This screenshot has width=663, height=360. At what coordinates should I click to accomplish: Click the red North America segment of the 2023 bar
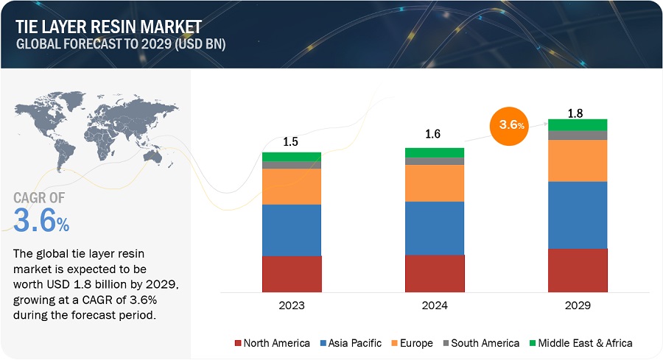tap(292, 273)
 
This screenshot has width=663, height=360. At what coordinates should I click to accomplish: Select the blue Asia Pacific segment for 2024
tap(435, 227)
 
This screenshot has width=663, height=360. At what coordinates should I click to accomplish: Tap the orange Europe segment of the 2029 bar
tap(578, 160)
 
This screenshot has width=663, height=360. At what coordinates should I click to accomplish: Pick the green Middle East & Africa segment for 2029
tap(578, 124)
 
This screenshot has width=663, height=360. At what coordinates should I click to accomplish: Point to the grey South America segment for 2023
tap(292, 165)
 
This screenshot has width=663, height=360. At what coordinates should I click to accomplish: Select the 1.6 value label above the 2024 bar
tap(435, 135)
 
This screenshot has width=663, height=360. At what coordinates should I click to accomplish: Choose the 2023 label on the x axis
tap(292, 304)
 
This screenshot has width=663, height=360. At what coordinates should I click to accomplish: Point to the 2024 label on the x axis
tap(435, 304)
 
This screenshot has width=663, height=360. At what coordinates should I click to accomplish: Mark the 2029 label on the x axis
tap(578, 304)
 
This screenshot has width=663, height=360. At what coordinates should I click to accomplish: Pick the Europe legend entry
tap(415, 342)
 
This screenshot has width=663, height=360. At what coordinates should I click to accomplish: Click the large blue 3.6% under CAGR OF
tap(41, 220)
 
